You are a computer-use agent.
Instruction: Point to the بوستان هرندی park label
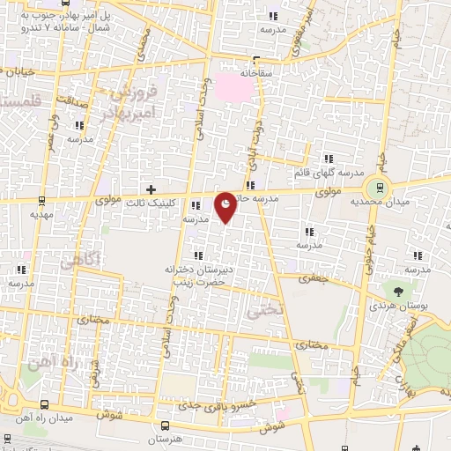(406, 306)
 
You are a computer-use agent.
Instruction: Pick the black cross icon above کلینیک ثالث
(152, 189)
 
